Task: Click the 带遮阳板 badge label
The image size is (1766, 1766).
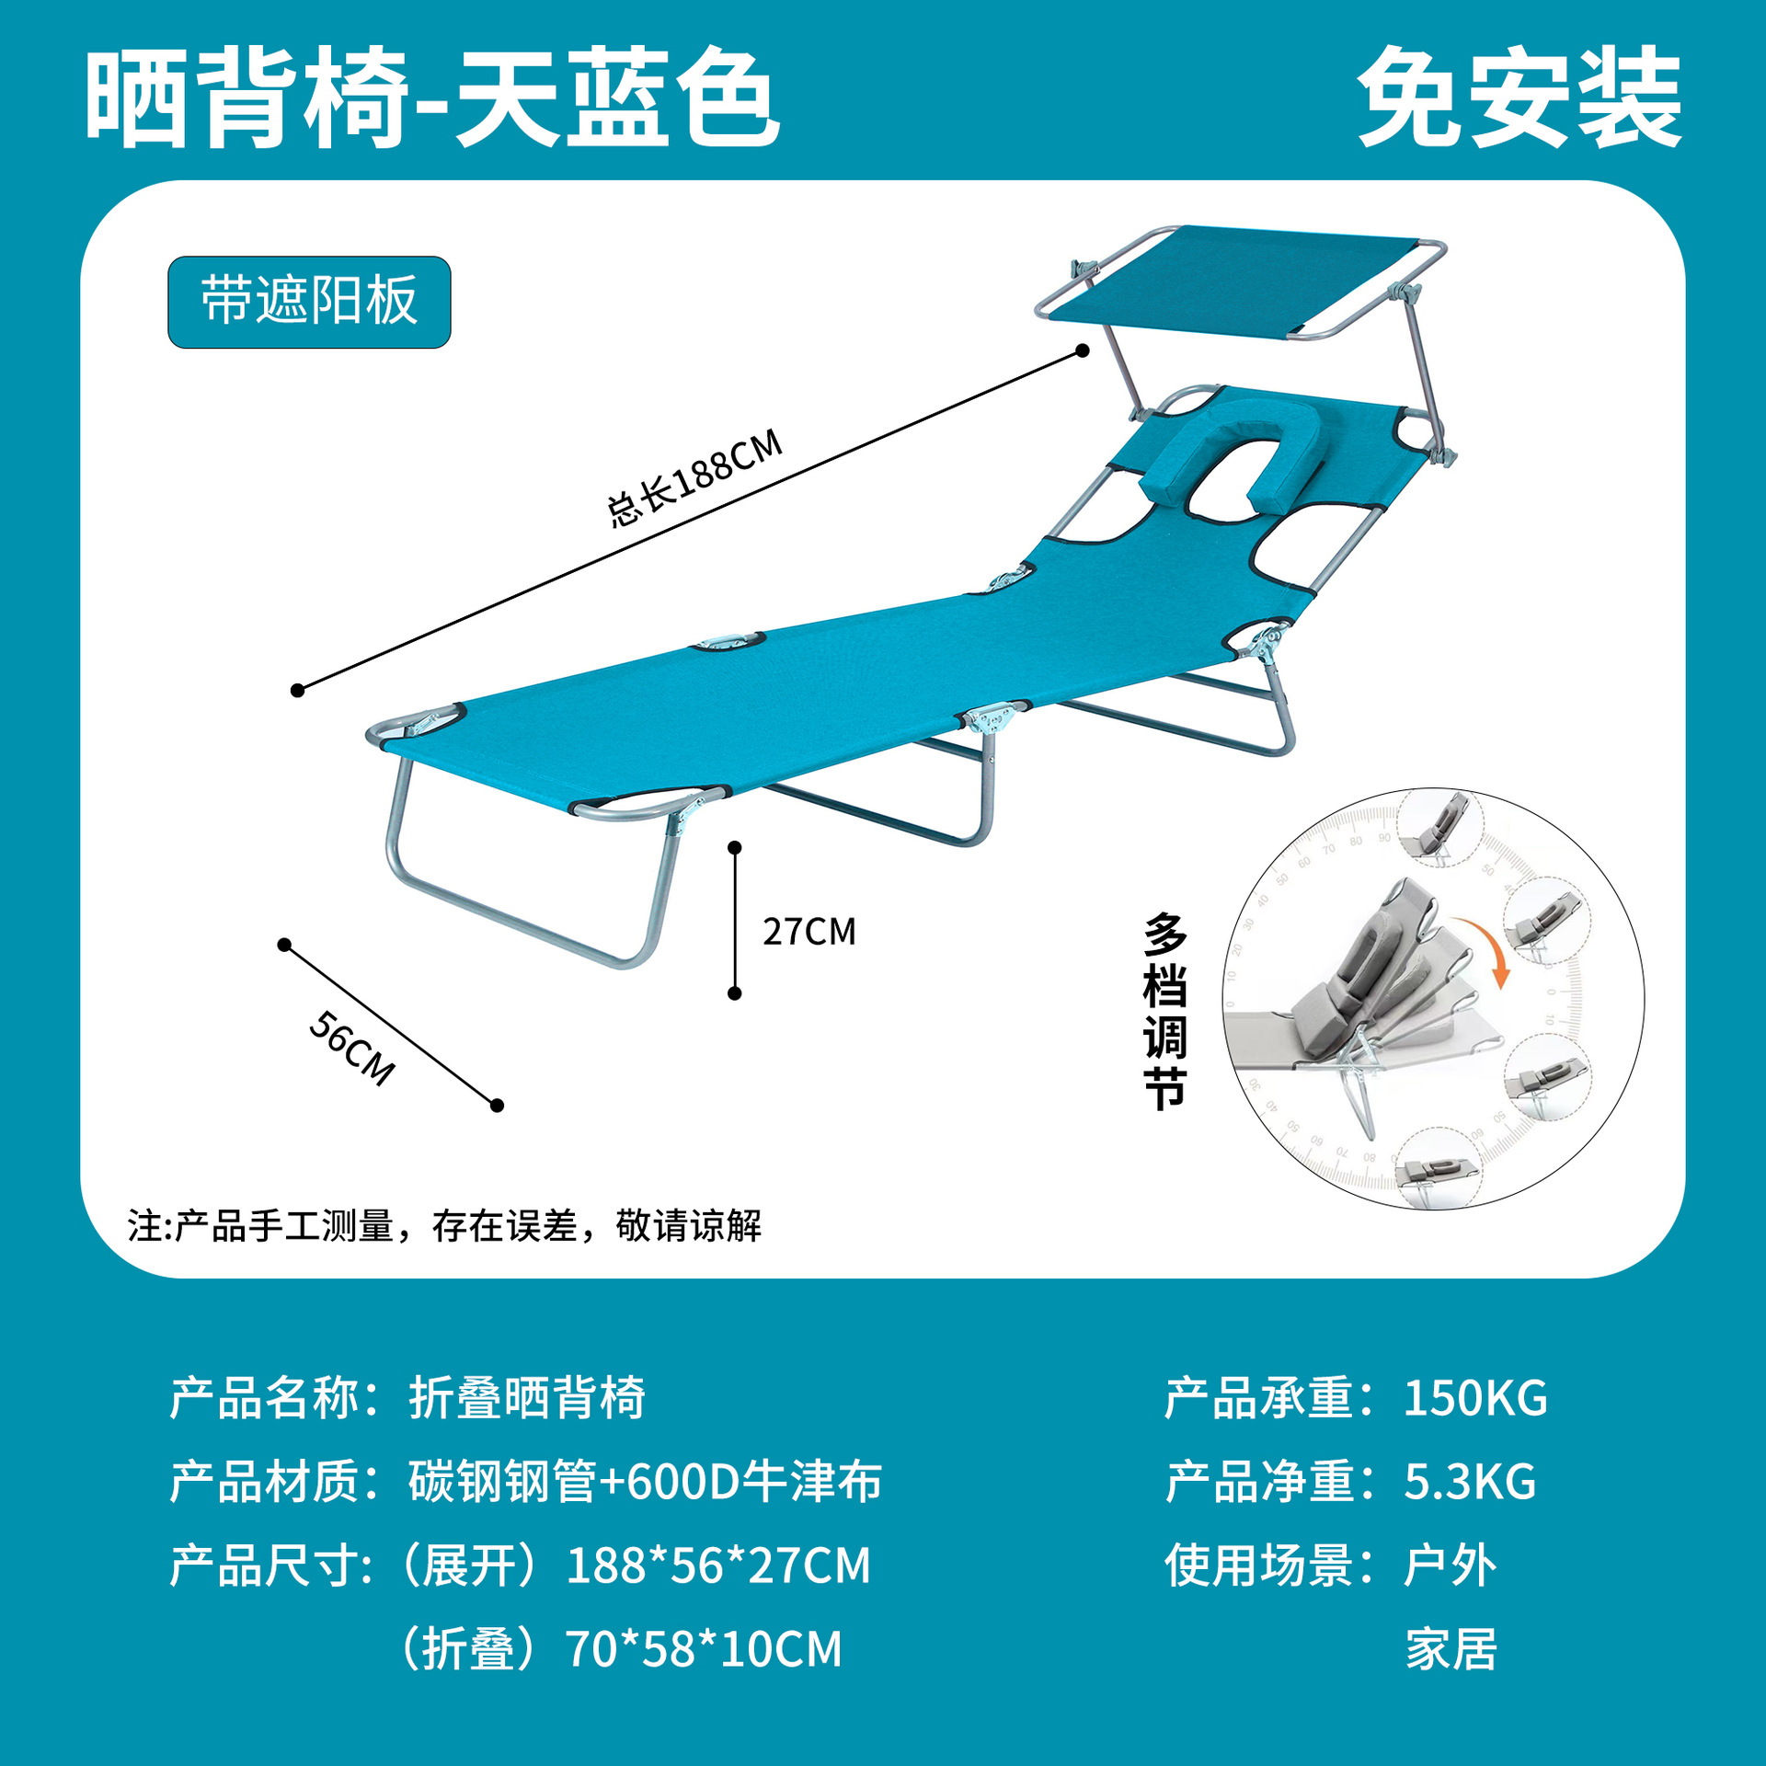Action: (309, 302)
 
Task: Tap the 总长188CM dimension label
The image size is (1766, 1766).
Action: (694, 477)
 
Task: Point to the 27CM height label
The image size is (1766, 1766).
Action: (808, 932)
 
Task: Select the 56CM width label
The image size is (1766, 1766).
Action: (352, 1048)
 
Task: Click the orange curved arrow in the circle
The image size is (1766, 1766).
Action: (1483, 948)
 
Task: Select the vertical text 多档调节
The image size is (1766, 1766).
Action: (1164, 1011)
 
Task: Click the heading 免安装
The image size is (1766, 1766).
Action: (1519, 97)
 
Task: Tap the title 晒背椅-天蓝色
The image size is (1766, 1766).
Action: (432, 97)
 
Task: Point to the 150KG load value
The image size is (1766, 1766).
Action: (1474, 1399)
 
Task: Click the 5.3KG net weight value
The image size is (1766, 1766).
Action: (1469, 1482)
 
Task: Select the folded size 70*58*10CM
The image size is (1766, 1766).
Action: (704, 1649)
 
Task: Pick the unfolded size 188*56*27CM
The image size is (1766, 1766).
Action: (717, 1565)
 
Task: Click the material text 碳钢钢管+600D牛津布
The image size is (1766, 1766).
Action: (645, 1482)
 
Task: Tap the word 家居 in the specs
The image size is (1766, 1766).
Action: (1451, 1649)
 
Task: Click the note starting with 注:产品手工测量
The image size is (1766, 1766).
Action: (444, 1226)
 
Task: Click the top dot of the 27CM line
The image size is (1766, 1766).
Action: (734, 847)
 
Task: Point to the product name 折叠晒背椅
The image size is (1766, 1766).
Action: (527, 1399)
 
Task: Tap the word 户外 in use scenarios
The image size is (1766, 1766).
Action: (1450, 1565)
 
